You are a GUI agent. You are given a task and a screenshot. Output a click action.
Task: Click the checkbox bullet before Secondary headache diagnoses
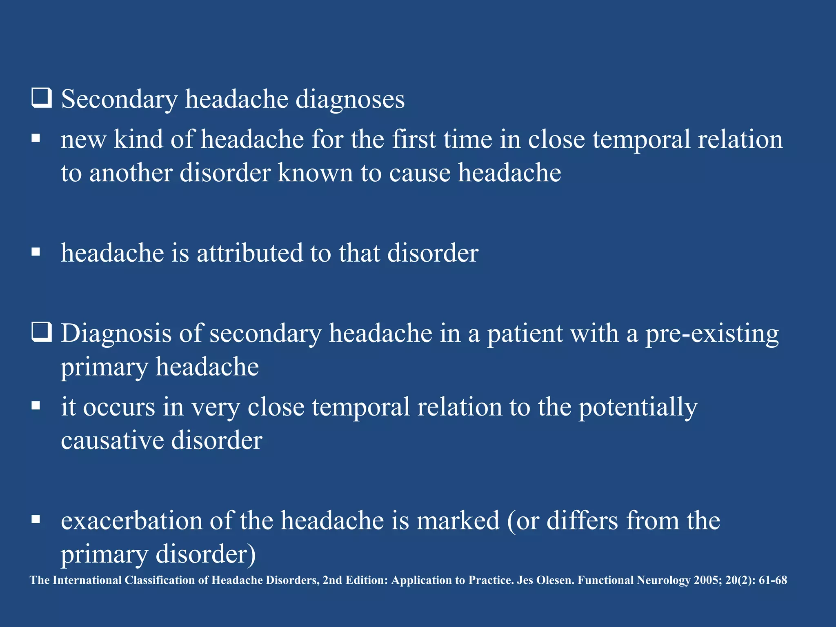[x=41, y=98]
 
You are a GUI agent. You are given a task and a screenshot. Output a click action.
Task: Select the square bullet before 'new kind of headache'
[x=36, y=139]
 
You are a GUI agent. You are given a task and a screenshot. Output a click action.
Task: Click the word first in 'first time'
[x=414, y=139]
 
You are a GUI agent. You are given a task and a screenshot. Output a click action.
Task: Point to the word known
[x=315, y=173]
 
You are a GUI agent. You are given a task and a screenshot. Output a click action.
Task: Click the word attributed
[x=249, y=253]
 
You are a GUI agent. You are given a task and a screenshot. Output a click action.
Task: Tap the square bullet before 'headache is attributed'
[x=36, y=252]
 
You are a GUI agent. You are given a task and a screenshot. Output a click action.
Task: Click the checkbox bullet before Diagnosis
[x=41, y=332]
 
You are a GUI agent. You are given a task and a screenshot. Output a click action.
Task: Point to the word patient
[x=525, y=334]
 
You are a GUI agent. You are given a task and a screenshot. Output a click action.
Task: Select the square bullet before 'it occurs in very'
[x=36, y=406]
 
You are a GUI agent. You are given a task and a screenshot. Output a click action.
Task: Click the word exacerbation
[x=131, y=521]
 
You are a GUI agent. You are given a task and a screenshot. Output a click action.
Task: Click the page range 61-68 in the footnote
[x=773, y=580]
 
